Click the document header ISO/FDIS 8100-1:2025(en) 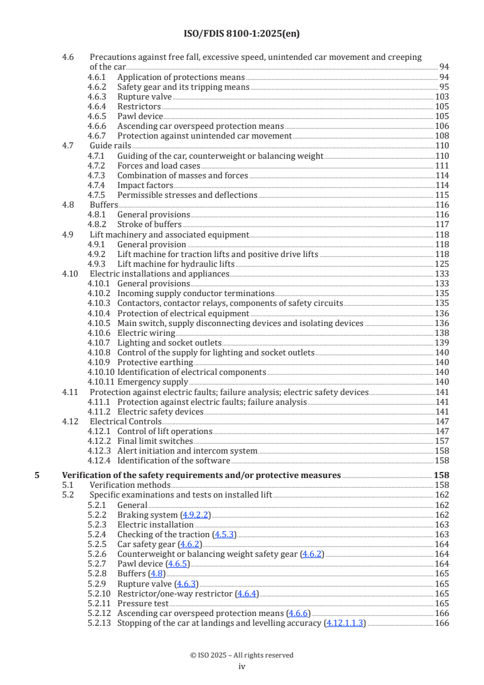point(242,34)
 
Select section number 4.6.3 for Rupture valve point(96,97)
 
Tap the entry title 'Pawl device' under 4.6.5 point(140,117)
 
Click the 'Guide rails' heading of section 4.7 point(110,146)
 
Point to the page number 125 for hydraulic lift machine point(442,264)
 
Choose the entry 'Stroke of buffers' point(150,225)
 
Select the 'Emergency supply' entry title point(153,382)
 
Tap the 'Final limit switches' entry point(155,441)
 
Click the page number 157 point(442,441)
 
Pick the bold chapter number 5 point(37,475)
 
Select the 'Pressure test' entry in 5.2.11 point(143,603)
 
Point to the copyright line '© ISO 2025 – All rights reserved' point(242,655)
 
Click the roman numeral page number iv point(242,667)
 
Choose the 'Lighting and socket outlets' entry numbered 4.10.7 point(169,343)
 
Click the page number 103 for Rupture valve point(442,97)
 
